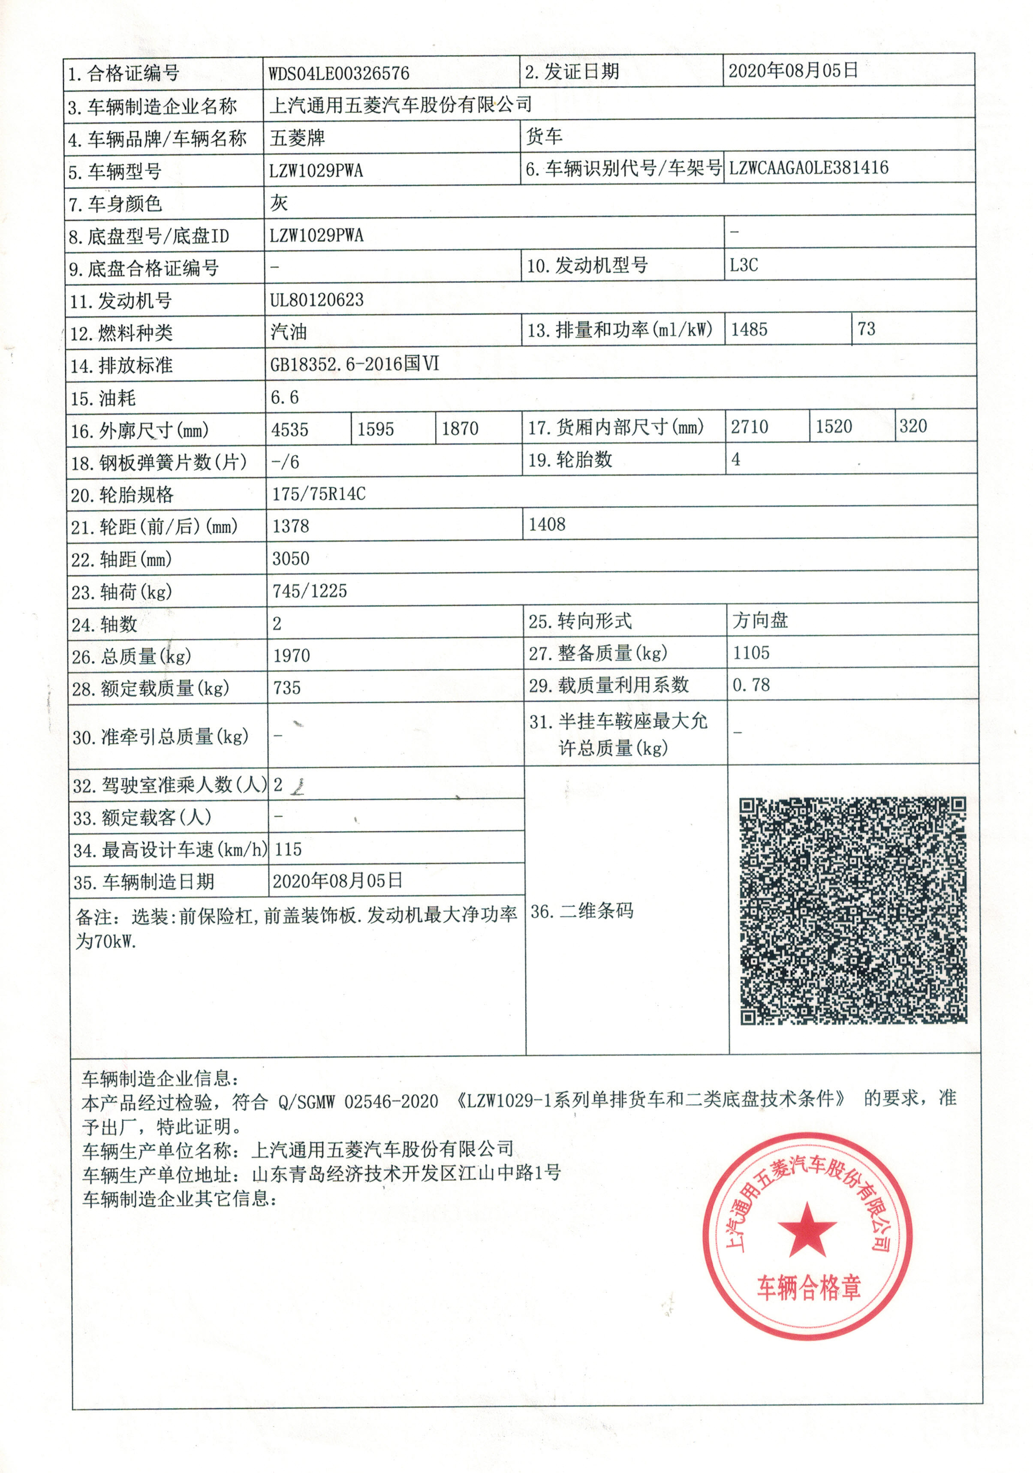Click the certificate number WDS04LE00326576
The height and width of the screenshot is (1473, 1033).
[x=338, y=73]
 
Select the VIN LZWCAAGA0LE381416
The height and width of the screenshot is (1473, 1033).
[x=808, y=168]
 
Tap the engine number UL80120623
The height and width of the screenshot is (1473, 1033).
[x=316, y=300]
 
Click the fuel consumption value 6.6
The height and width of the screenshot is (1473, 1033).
[x=284, y=397]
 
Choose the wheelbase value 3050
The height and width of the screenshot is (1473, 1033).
[x=291, y=558]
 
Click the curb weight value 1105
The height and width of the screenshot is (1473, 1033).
[x=751, y=652]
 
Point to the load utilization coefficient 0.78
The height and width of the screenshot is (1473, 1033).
[x=751, y=685]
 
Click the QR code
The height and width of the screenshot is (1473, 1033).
[x=853, y=911]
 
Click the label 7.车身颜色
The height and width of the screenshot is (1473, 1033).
[x=115, y=204]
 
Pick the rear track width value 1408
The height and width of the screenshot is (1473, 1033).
[x=547, y=524]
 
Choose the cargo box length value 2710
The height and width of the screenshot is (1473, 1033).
[x=750, y=427]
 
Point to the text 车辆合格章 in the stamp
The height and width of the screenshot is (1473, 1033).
[x=808, y=1287]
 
